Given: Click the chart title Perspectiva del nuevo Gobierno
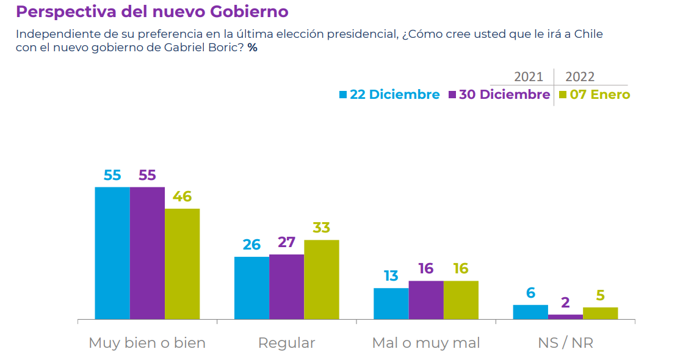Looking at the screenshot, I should [152, 12].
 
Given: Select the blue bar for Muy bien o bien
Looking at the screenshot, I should [112, 253].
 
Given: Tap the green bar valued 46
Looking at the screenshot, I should [182, 264].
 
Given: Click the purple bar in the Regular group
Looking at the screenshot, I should [286, 286].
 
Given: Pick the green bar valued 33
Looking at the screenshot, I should [321, 279].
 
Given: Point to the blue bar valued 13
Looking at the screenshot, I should [391, 303].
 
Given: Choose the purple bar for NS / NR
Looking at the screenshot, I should [565, 317].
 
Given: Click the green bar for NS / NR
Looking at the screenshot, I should [600, 313].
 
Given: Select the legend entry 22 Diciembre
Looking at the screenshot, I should [389, 95].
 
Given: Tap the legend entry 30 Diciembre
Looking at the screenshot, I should [499, 95].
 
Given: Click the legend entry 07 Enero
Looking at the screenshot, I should [594, 95].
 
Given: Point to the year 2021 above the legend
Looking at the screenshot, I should [528, 77].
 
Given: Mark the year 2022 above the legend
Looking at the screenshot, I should [580, 77].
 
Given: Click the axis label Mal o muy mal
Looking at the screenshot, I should [425, 343].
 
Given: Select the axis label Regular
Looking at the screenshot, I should [286, 343].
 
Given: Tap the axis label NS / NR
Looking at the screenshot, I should [565, 343].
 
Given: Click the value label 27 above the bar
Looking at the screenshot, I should [286, 242].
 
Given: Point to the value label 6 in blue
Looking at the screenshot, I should [530, 293].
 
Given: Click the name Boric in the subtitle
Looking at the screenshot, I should [226, 48].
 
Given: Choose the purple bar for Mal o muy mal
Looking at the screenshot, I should [425, 300].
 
